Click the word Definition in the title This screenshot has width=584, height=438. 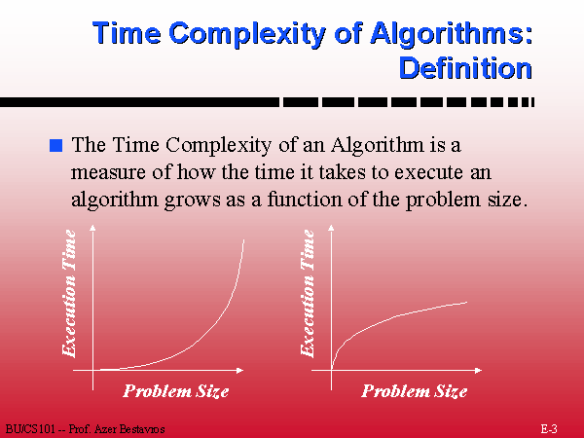pyautogui.click(x=465, y=68)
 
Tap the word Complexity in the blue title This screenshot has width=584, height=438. pyautogui.click(x=247, y=34)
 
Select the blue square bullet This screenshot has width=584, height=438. pyautogui.click(x=55, y=145)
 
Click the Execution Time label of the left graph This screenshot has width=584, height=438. pyautogui.click(x=69, y=294)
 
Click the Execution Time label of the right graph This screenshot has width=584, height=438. pyautogui.click(x=308, y=294)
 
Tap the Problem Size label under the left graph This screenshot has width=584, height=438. pyautogui.click(x=176, y=391)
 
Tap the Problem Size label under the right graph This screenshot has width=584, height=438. pyautogui.click(x=415, y=391)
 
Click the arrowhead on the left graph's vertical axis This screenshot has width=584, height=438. pyautogui.click(x=92, y=228)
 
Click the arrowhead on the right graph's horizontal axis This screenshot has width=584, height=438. pyautogui.click(x=478, y=370)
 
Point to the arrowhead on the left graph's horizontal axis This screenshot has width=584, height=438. pyautogui.click(x=239, y=370)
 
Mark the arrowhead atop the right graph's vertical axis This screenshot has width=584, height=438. pyautogui.click(x=331, y=228)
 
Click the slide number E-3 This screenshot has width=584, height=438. pyautogui.click(x=549, y=428)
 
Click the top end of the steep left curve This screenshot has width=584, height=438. pyautogui.click(x=244, y=239)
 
